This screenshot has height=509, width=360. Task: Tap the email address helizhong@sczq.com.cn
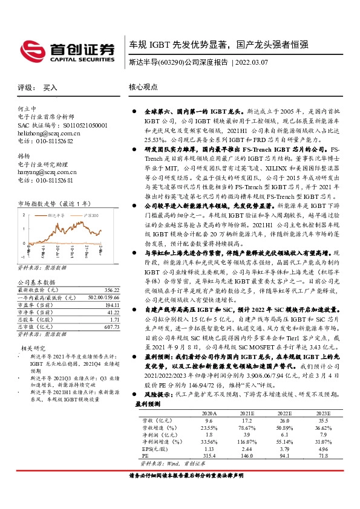(x=49, y=133)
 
